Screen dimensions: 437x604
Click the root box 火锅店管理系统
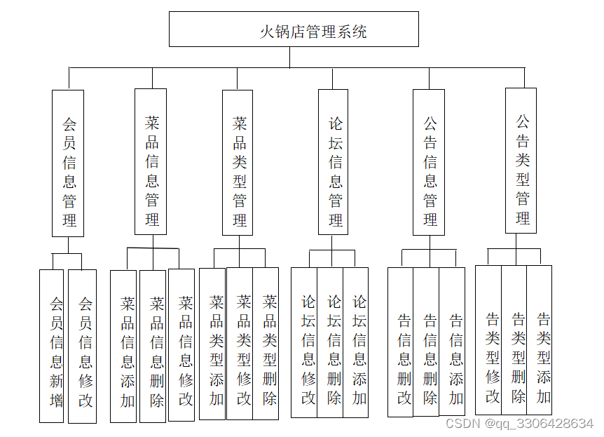[x=294, y=29]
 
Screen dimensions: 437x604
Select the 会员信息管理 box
[x=68, y=163]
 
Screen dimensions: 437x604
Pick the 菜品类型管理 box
[x=238, y=162]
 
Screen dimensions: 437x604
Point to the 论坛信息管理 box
[x=333, y=162]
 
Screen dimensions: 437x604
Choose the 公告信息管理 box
[x=429, y=162]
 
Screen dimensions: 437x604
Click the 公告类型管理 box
[x=521, y=161]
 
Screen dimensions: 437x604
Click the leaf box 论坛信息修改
[x=304, y=342]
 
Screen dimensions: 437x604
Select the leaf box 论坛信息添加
[x=356, y=342]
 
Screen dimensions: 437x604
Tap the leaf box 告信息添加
[x=453, y=342]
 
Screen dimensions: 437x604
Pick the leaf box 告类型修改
[x=488, y=339]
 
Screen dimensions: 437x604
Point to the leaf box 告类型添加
[x=540, y=339]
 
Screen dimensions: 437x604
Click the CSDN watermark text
[x=519, y=424]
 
